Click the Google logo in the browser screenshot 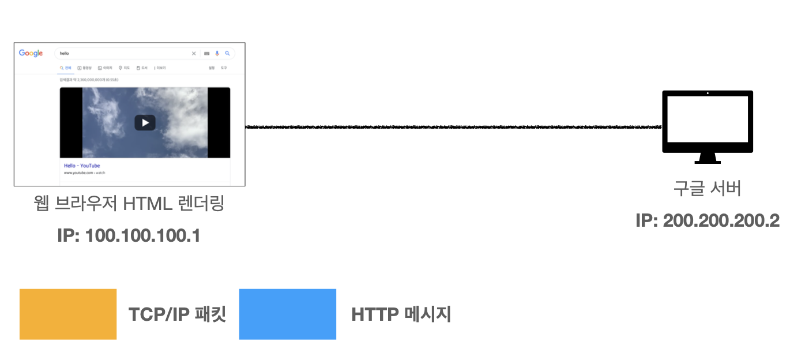click(31, 53)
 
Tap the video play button click(145, 122)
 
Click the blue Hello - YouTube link click(82, 166)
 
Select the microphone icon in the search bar click(217, 53)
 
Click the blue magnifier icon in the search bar click(227, 53)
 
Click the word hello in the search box click(64, 53)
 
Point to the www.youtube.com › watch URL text click(84, 172)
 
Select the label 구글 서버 click(707, 188)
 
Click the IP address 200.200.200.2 click(708, 220)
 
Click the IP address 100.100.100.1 click(129, 235)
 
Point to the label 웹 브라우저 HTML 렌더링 click(129, 204)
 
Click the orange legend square click(68, 314)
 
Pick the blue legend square click(288, 314)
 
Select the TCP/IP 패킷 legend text click(177, 314)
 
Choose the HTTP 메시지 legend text click(401, 314)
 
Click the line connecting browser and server click(453, 126)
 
